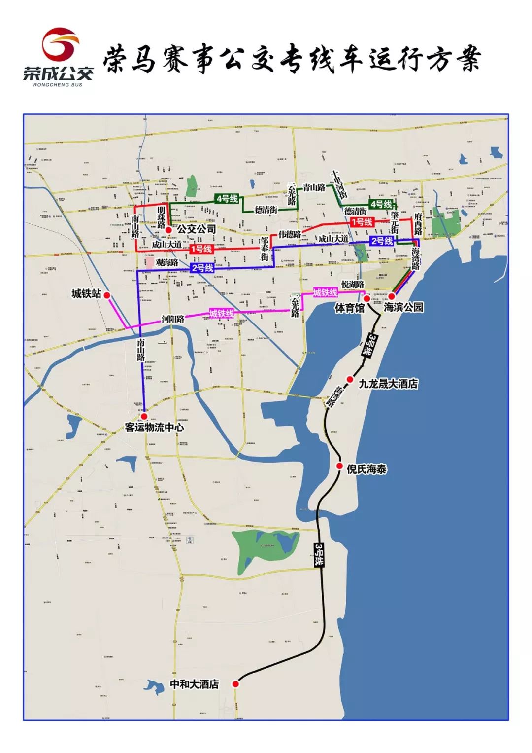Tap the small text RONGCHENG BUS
[58, 84]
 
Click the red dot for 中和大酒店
[235, 683]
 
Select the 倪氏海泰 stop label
[366, 469]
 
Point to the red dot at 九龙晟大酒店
[350, 379]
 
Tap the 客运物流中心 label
[154, 427]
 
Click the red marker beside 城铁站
[107, 295]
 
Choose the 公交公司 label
[197, 229]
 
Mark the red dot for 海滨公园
[392, 296]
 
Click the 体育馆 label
[349, 308]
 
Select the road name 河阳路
[173, 319]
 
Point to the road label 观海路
[166, 263]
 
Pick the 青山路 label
[314, 187]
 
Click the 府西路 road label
[418, 224]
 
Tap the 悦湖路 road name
[353, 285]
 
